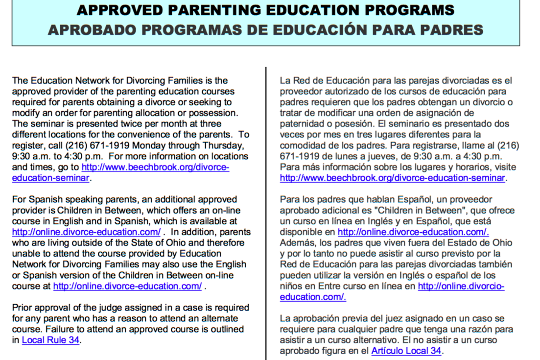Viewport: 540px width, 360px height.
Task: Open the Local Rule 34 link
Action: tap(50, 340)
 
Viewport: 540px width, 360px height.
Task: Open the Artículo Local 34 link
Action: tap(406, 351)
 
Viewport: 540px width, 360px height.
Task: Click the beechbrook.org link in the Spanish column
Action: tap(392, 178)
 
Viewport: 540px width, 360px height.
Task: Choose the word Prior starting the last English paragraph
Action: tap(22, 308)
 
